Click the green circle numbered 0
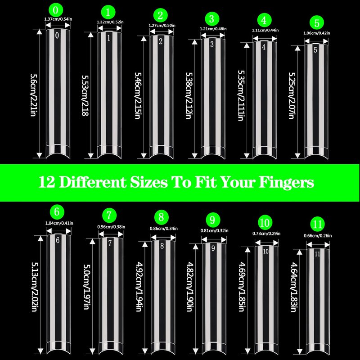coord(56,10)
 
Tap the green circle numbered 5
coord(317,23)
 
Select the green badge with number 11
coord(318,224)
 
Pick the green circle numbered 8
coord(162,217)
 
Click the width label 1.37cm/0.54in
coord(58,19)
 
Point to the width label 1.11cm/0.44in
coord(265,30)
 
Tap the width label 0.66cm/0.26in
coord(318,235)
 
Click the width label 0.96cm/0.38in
coord(111,227)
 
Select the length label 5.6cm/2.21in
coord(34,95)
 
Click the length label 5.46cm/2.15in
coord(138,95)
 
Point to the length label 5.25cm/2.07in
coord(292,95)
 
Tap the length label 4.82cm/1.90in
coord(189,287)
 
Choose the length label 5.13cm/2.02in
coord(35,287)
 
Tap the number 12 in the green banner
coord(47,182)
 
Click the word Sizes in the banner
coord(149,182)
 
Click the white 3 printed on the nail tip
coord(212,44)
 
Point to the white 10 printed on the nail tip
coord(265,251)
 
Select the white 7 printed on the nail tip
coord(110,243)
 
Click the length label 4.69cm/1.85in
coord(242,287)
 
